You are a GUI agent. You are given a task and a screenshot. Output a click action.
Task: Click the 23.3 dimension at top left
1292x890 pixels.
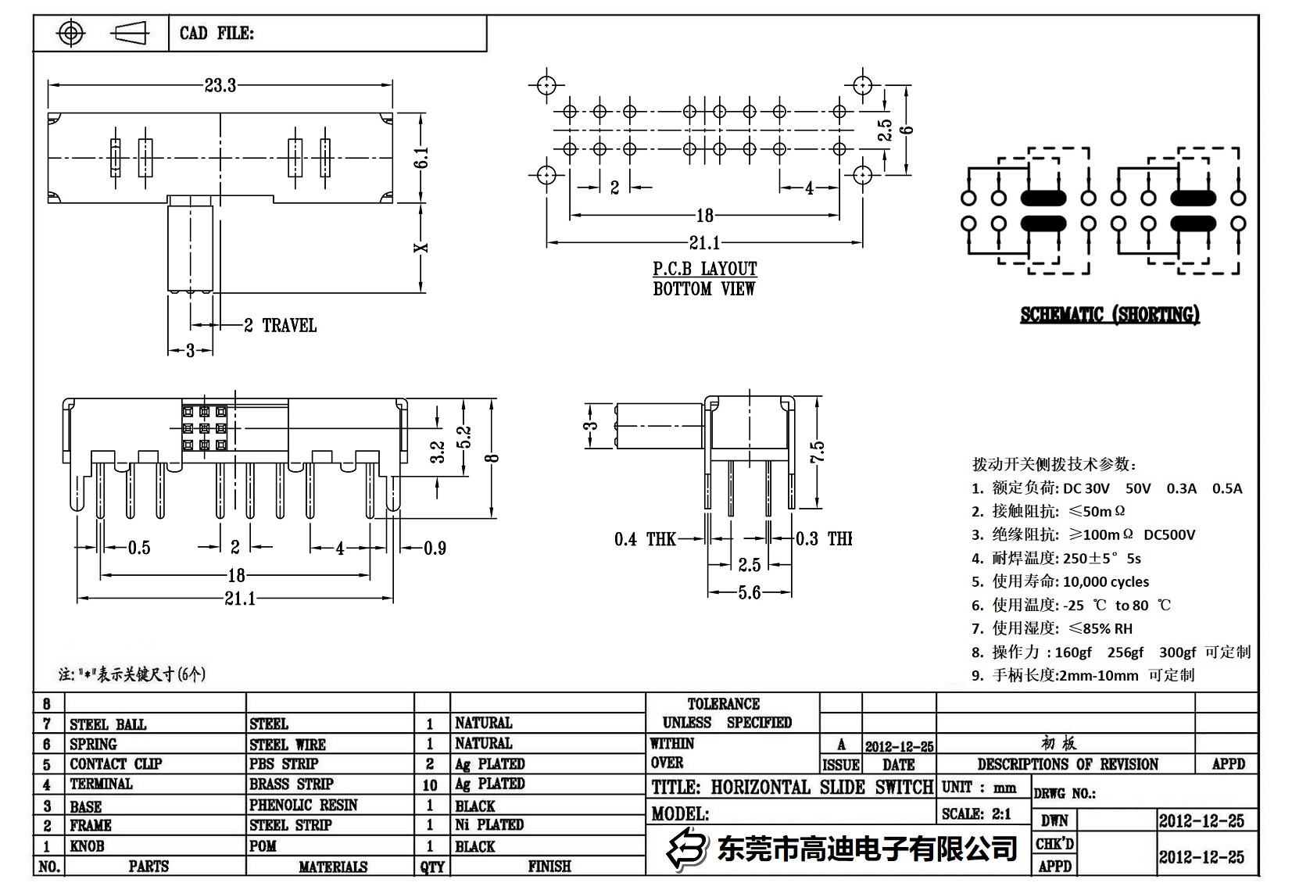[x=220, y=85]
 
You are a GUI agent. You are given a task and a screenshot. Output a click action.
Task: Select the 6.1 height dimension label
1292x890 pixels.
[x=422, y=159]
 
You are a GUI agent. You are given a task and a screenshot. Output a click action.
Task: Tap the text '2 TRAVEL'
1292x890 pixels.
[x=280, y=326]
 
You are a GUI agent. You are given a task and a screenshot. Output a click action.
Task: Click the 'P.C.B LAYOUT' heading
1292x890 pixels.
[x=704, y=270]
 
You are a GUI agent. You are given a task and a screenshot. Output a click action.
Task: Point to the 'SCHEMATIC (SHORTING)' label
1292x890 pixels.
[x=1109, y=315]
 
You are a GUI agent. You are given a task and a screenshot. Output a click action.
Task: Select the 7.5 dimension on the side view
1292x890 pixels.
[x=817, y=451]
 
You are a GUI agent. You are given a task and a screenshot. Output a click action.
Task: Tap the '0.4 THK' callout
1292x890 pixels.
[x=645, y=539]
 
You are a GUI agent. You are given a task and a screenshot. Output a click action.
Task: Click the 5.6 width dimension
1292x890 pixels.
[x=749, y=593]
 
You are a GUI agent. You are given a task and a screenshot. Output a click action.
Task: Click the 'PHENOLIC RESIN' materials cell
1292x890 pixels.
[x=303, y=805]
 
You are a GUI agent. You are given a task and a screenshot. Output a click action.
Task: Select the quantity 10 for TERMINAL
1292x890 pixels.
[x=430, y=785]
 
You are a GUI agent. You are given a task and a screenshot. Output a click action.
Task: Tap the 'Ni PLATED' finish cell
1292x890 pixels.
[x=489, y=824]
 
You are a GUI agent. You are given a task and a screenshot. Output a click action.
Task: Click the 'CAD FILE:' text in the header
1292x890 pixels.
[x=217, y=34]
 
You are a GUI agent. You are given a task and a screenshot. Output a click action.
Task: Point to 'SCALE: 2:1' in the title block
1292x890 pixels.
[x=976, y=814]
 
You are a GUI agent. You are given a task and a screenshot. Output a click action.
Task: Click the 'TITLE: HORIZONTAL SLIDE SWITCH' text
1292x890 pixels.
[x=792, y=787]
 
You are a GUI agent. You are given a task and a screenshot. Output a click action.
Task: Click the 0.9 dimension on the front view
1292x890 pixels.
[x=435, y=549]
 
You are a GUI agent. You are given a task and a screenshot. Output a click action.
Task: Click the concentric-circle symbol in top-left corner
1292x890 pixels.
[x=71, y=34]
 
